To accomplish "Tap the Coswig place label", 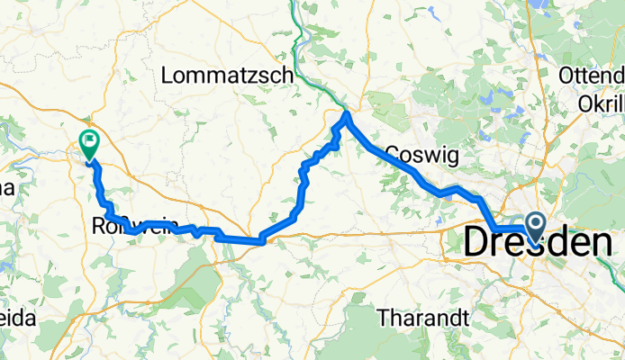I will point(422,155).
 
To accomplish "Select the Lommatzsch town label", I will point(228,76).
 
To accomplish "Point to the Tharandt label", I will point(421,318).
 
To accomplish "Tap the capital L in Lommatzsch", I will point(168,76).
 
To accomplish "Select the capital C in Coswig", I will point(392,155).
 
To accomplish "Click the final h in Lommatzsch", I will point(289,76).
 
